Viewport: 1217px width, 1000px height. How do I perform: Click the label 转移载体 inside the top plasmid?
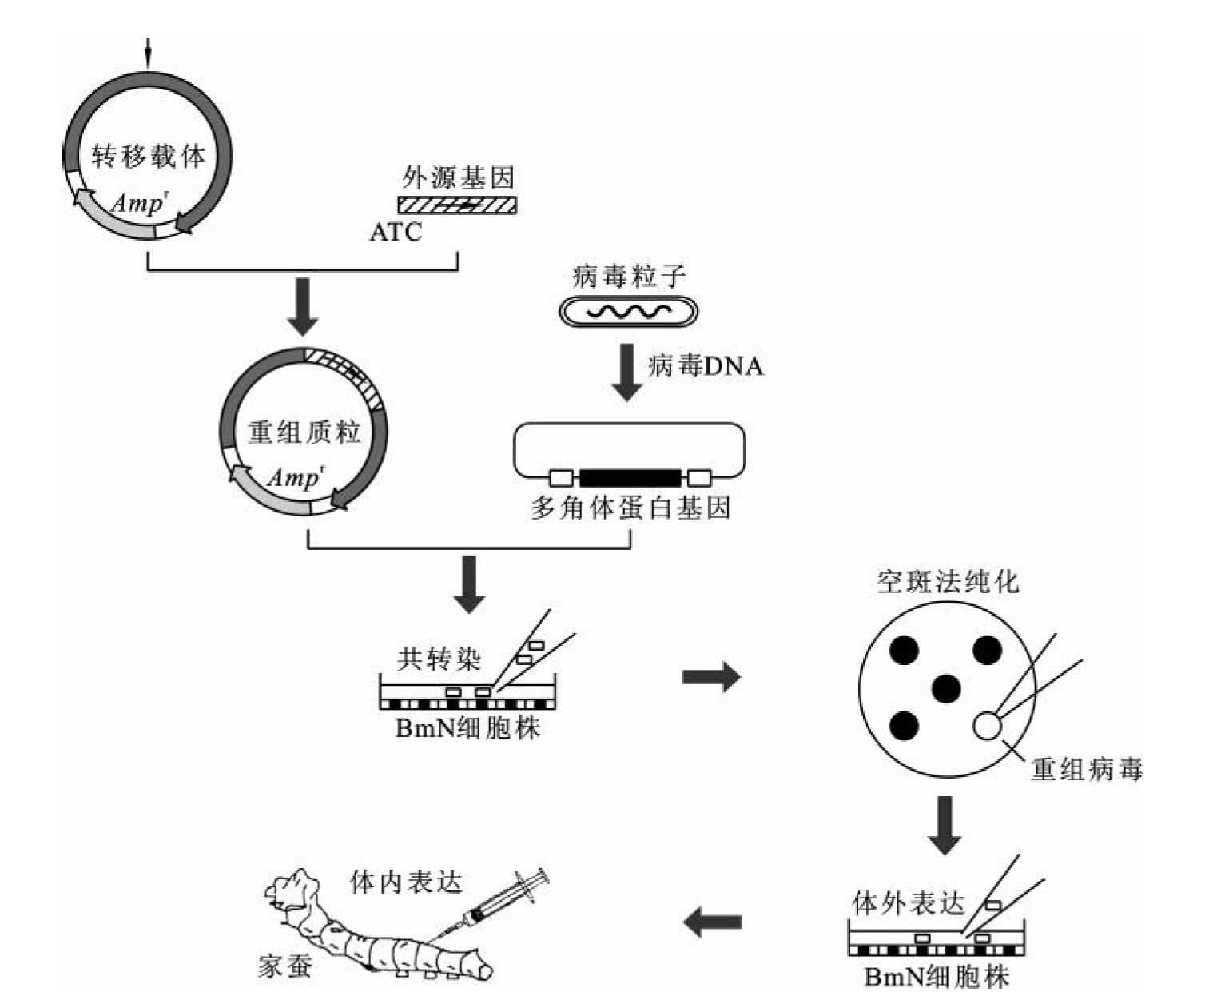(x=148, y=155)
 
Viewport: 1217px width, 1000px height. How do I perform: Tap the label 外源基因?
(x=458, y=177)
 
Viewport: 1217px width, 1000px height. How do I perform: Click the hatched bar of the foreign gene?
(x=457, y=205)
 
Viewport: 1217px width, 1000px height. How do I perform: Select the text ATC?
(x=396, y=232)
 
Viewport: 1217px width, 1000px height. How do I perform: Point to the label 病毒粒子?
(x=629, y=277)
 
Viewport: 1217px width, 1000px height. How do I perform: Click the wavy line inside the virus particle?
(x=628, y=311)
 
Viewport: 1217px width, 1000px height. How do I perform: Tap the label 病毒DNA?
(x=706, y=366)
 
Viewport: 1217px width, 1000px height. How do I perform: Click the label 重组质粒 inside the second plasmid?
(x=304, y=432)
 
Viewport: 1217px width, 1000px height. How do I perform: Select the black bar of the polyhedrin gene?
(x=630, y=478)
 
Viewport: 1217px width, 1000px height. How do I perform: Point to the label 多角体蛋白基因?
(x=630, y=508)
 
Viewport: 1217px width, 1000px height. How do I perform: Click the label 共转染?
(x=439, y=659)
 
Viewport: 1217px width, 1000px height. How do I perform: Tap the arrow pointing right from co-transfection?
(x=711, y=677)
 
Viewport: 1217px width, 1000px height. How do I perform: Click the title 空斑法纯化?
(x=948, y=581)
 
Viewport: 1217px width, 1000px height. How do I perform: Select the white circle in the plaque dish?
(x=986, y=725)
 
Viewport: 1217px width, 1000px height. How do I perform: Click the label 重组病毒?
(x=1086, y=768)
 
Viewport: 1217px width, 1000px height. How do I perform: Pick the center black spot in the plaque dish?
(x=946, y=687)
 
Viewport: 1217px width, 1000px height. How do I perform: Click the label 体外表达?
(x=909, y=903)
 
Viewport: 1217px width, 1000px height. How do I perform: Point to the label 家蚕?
(x=285, y=966)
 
